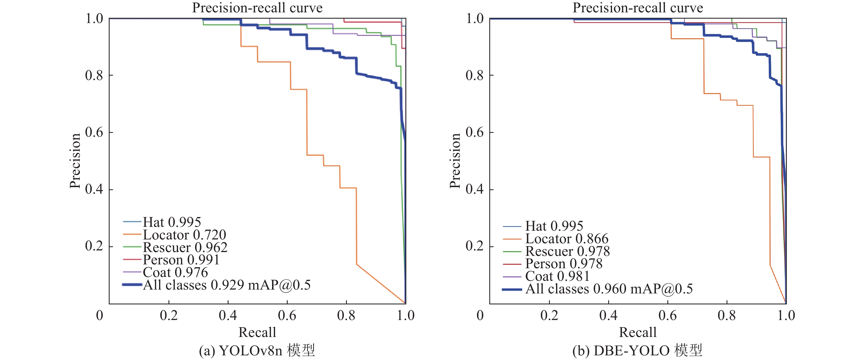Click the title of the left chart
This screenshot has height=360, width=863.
257,8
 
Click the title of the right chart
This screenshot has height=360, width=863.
638,8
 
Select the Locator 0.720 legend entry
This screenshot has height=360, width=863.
184,235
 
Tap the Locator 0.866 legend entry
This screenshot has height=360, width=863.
567,239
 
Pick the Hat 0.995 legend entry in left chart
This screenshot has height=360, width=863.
172,222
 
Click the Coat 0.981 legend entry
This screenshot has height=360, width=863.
557,276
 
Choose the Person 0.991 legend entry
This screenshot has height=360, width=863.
181,260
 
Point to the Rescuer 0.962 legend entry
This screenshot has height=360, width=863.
185,247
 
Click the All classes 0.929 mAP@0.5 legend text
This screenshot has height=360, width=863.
227,285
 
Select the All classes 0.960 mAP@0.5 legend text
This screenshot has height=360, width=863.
609,289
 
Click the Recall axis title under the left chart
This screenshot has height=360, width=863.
257,332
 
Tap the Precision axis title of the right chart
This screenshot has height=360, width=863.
455,161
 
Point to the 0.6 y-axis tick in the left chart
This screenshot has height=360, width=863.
94,132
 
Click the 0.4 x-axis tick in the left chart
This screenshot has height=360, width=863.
228,315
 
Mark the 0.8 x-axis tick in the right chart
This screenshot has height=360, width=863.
726,315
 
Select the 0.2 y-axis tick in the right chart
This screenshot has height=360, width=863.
475,246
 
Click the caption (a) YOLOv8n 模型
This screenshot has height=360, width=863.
257,351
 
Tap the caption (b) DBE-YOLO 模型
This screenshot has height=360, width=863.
637,351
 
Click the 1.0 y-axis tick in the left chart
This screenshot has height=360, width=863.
94,18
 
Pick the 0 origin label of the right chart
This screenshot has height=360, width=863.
480,315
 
